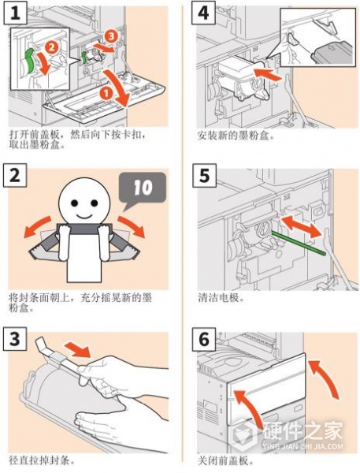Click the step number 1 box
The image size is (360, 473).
(15, 13)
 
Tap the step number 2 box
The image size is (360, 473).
(15, 175)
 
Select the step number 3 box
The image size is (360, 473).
(15, 339)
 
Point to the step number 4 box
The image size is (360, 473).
(204, 13)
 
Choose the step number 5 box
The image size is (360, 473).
(205, 175)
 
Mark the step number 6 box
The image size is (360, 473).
(204, 339)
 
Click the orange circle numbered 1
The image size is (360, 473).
(106, 93)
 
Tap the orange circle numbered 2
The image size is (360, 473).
(52, 47)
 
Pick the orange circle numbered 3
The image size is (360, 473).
(111, 36)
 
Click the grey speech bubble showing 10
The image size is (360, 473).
(143, 189)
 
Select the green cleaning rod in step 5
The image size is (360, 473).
(299, 243)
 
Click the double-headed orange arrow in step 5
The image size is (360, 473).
(302, 226)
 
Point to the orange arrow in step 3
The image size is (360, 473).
(78, 348)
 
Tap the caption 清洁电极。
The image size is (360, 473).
(221, 298)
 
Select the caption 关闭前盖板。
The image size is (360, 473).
(226, 461)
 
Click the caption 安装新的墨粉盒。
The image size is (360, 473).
(236, 136)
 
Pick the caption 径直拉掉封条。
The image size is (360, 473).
(42, 461)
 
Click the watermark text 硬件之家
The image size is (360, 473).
(302, 430)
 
